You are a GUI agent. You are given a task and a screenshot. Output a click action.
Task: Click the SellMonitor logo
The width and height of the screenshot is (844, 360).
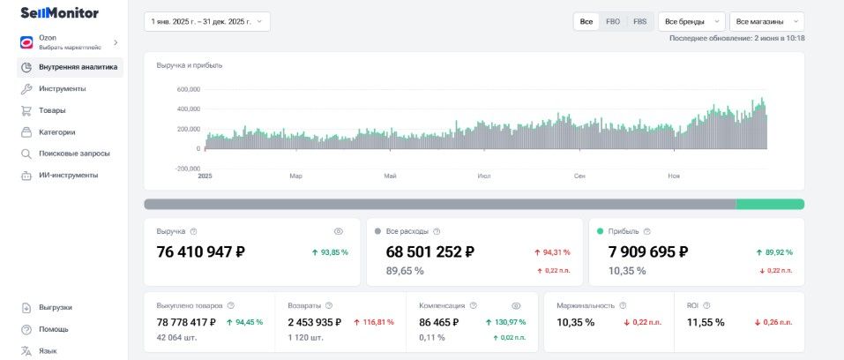[x=59, y=13]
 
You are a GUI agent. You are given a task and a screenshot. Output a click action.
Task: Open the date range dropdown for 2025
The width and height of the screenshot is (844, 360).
[x=207, y=21]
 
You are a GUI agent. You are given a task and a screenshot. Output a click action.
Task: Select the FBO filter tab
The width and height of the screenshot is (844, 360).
[x=613, y=21]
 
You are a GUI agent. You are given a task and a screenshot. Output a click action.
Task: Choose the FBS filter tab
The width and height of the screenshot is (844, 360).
[x=640, y=21]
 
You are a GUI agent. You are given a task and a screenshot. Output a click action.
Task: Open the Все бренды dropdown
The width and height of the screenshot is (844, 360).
[x=691, y=21]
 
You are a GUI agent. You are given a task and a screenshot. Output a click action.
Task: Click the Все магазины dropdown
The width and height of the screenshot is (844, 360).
[x=767, y=21]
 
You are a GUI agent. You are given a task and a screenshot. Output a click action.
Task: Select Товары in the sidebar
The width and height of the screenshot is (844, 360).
[x=52, y=110]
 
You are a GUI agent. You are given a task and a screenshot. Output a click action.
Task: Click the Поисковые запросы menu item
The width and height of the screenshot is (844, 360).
[x=74, y=154]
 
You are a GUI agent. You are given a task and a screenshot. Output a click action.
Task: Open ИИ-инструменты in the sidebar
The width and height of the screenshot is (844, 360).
[x=69, y=176]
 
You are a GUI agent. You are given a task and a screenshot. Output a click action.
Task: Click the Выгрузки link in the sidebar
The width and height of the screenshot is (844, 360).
[x=55, y=307]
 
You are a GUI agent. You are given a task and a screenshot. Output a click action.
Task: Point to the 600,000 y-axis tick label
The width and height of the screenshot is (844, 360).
[x=189, y=89]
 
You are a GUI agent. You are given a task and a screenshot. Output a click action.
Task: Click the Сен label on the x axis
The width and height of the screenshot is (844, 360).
[x=579, y=176]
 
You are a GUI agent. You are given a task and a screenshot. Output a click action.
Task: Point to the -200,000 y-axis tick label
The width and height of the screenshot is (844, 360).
[x=188, y=169]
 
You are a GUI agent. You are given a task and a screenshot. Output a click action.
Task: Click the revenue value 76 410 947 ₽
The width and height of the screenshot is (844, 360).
[x=201, y=251]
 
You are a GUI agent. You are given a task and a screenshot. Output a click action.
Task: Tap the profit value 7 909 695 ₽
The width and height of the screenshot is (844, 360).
[x=648, y=251]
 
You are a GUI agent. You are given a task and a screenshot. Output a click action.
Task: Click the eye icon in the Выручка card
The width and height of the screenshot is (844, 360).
[x=338, y=231]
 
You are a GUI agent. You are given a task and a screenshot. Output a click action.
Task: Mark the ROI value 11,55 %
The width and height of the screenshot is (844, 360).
[x=706, y=323]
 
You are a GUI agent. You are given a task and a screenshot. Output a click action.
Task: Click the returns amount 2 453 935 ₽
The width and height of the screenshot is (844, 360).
[x=314, y=323]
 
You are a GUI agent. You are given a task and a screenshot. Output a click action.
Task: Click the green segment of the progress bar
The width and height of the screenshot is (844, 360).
[x=770, y=204]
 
